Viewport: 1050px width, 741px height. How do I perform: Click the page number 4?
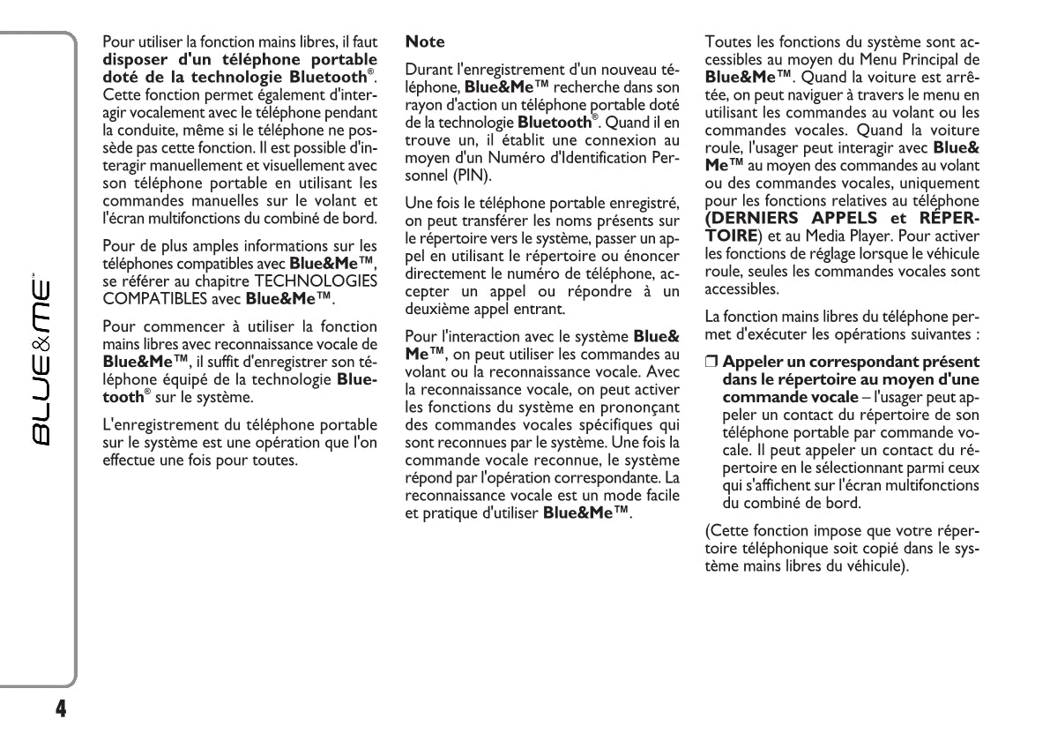click(x=60, y=708)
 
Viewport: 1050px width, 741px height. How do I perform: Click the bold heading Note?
click(x=424, y=41)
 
